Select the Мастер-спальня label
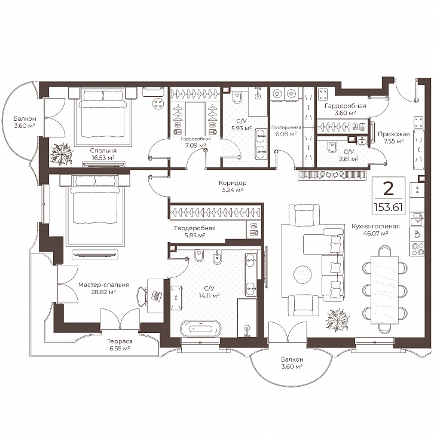coord(97,285)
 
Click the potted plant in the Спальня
coord(62,154)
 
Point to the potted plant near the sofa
coord(336,321)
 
